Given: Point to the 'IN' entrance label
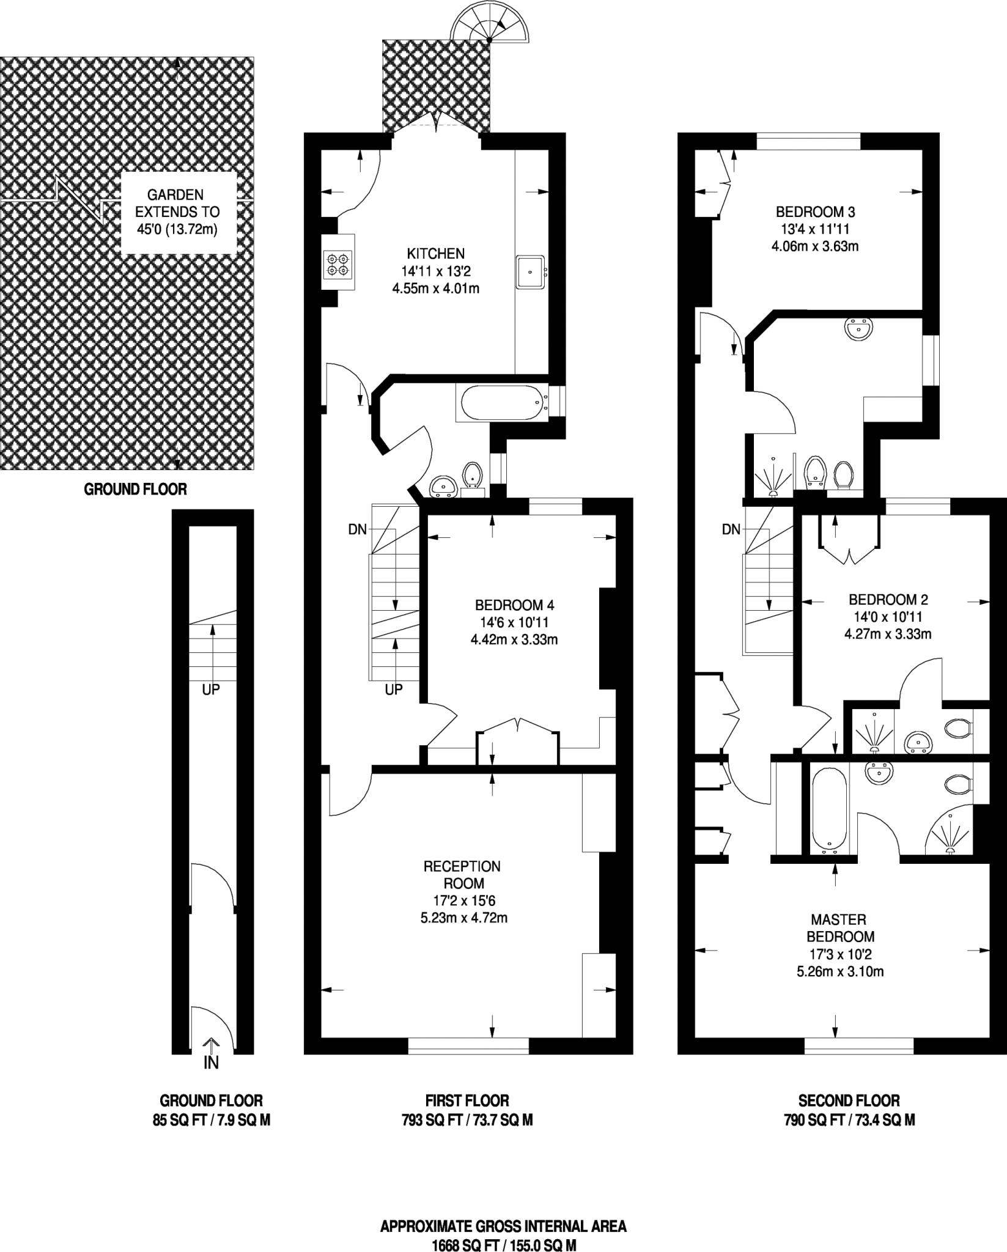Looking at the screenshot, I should (211, 1063).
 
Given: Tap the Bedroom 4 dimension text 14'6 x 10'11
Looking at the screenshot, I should (514, 622).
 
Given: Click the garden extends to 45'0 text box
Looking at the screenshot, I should (177, 212).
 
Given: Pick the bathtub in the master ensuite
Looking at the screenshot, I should (829, 809).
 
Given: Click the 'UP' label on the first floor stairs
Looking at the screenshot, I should (394, 690).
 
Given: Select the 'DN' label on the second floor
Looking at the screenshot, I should (731, 529).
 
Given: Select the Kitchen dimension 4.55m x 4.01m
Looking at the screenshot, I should (435, 288).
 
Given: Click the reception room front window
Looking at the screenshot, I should (468, 1045).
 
